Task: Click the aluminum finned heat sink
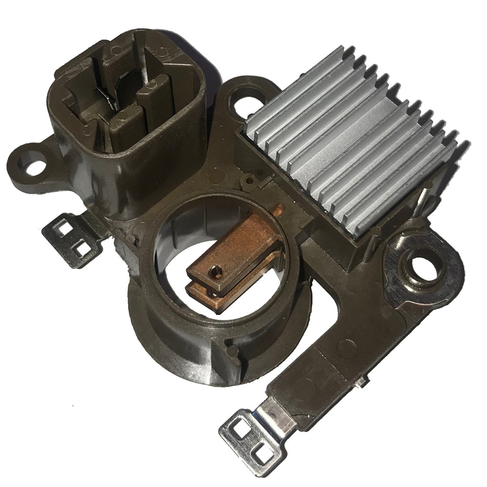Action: (x=354, y=149)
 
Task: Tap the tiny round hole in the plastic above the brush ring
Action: (x=249, y=180)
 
